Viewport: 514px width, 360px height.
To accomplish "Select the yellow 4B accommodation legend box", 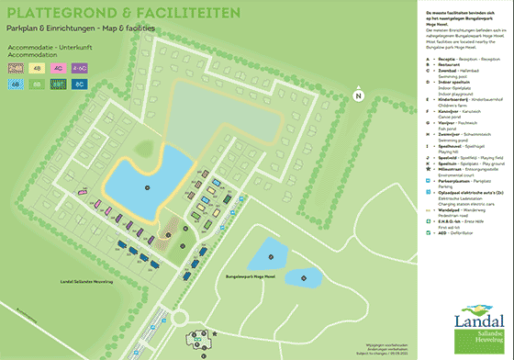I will (36, 67).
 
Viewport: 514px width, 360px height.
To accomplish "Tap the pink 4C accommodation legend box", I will (58, 67).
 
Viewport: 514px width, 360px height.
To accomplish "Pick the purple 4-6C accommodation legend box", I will (80, 67).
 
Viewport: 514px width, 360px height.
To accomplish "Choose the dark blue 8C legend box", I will (80, 84).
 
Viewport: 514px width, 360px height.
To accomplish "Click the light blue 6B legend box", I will (15, 84).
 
